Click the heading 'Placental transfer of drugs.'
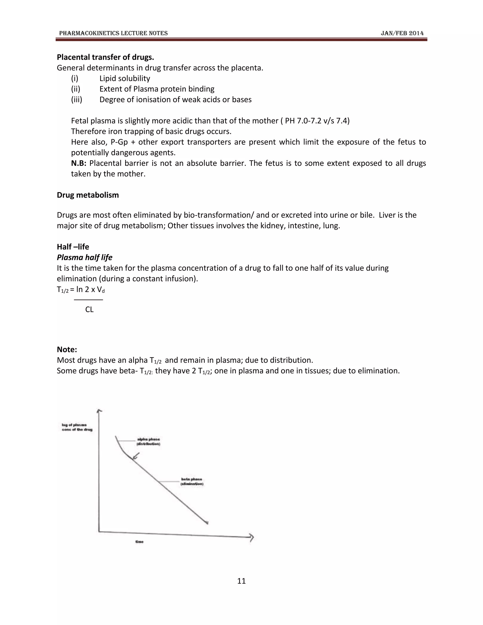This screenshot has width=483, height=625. [105, 57]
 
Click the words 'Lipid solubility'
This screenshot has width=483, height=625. [125, 78]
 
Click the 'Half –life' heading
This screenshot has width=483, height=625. [73, 247]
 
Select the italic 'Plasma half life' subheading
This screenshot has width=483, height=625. [84, 257]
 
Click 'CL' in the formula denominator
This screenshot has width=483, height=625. [89, 309]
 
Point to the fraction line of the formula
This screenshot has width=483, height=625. [88, 300]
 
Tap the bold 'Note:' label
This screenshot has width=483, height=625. [67, 350]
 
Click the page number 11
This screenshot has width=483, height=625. [241, 581]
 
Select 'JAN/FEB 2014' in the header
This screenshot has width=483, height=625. [402, 33]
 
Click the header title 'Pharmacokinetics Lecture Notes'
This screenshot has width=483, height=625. [113, 33]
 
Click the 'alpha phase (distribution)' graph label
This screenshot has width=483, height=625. [148, 441]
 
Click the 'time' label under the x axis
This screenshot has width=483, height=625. [139, 542]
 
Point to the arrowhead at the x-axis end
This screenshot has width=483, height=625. [251, 537]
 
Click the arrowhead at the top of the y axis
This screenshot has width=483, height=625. [99, 411]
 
